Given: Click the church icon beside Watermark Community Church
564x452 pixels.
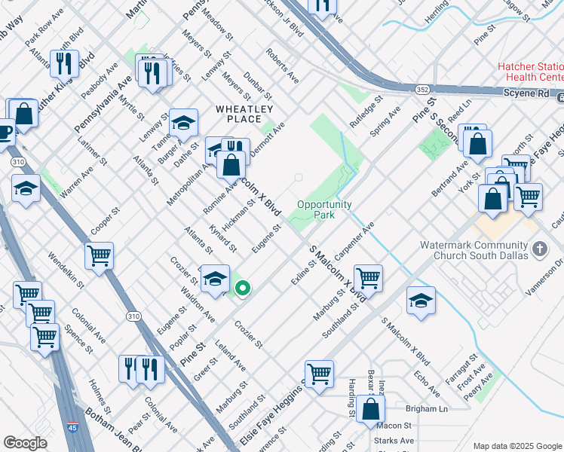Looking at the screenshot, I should click(x=539, y=248).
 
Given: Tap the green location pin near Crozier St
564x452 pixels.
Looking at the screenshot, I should click(x=243, y=288).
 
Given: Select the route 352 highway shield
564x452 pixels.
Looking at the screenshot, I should click(x=422, y=90).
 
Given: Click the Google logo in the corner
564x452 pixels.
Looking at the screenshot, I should click(x=25, y=443).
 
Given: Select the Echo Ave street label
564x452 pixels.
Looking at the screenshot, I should click(x=426, y=383).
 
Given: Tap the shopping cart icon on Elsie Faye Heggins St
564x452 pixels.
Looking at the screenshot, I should click(x=319, y=373).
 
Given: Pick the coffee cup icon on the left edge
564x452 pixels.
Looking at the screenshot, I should click(x=5, y=131).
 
